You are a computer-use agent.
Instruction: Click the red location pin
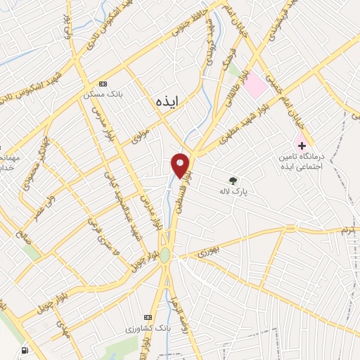pos(181,165)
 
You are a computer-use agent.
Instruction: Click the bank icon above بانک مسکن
pos(105,83)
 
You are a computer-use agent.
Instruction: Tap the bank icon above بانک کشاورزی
pos(147,316)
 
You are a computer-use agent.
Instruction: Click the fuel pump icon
pos(26,350)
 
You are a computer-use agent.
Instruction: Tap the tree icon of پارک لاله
pos(233,179)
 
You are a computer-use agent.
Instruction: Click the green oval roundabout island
pos(165,255)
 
